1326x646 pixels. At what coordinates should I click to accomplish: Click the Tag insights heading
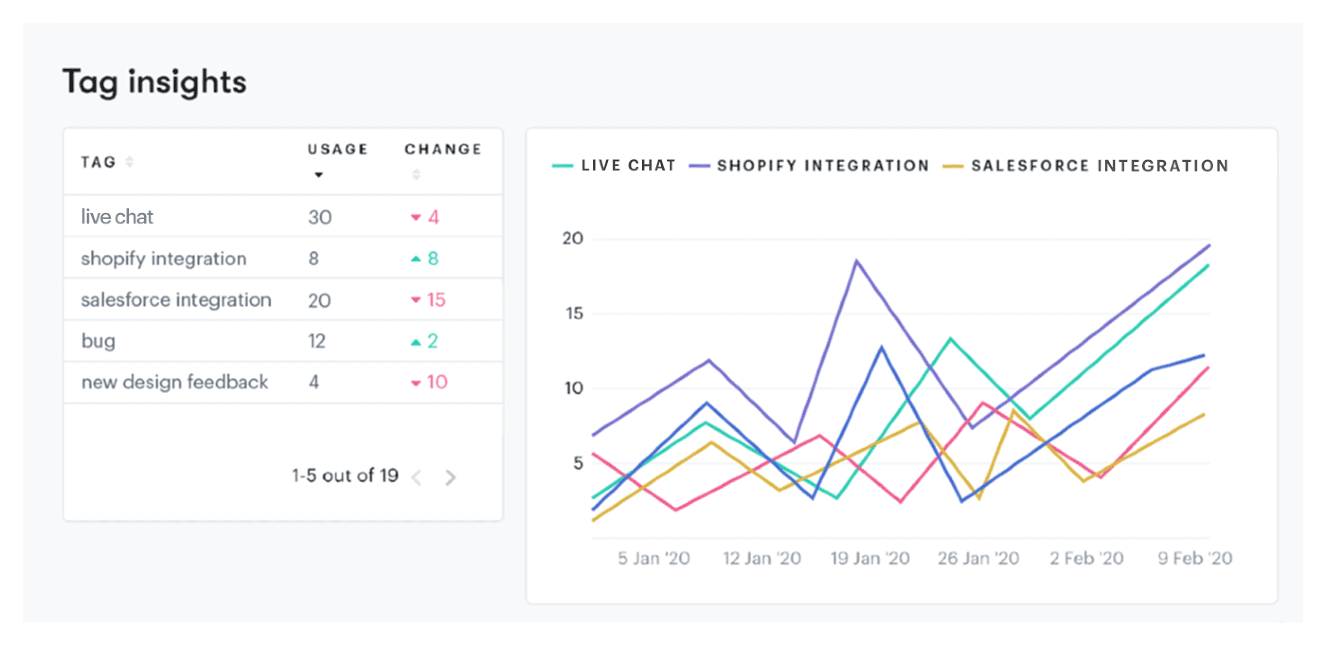pyautogui.click(x=154, y=82)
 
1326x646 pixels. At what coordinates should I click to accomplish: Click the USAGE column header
pyautogui.click(x=337, y=149)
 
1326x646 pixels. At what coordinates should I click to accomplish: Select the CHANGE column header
pyautogui.click(x=443, y=149)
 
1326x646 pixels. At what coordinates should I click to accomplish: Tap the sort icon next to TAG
pyautogui.click(x=130, y=162)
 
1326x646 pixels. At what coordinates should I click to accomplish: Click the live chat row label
pyautogui.click(x=117, y=217)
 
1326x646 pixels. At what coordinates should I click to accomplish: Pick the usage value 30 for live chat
pyautogui.click(x=320, y=217)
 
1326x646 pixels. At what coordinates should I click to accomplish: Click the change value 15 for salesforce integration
pyautogui.click(x=436, y=300)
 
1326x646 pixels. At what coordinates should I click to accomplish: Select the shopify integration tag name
pyautogui.click(x=164, y=259)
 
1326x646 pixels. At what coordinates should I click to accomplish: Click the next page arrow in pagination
pyautogui.click(x=450, y=478)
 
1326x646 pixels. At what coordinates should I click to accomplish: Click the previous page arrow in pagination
pyautogui.click(x=417, y=478)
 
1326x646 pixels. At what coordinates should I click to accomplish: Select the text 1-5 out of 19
pyautogui.click(x=345, y=476)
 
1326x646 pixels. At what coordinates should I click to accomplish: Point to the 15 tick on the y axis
pyautogui.click(x=574, y=314)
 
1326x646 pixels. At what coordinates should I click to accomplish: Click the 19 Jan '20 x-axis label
pyautogui.click(x=870, y=558)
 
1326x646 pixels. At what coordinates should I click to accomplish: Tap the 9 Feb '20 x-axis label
pyautogui.click(x=1195, y=558)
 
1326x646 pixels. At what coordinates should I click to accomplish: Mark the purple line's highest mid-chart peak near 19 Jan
pyautogui.click(x=857, y=261)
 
